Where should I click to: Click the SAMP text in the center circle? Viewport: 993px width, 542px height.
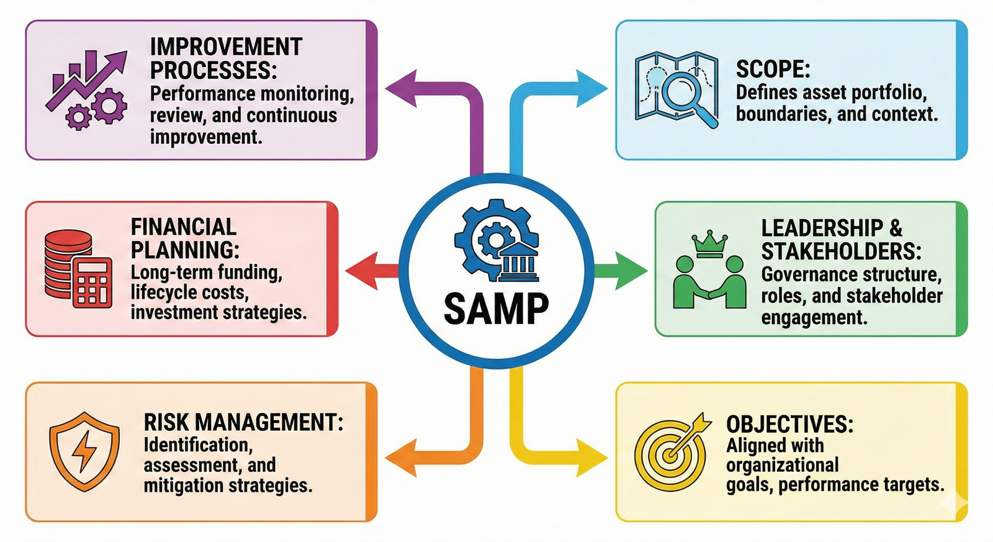(x=496, y=309)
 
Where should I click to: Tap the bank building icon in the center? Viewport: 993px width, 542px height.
(x=519, y=261)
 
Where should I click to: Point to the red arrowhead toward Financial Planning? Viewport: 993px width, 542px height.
(x=362, y=271)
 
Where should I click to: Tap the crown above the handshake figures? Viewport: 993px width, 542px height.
(x=709, y=244)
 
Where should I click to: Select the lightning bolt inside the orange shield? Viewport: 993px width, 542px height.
(x=84, y=452)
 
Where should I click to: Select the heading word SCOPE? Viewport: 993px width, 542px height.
(x=773, y=69)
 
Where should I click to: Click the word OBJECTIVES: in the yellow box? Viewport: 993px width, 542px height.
(x=789, y=425)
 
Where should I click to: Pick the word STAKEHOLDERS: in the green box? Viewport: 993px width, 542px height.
(x=841, y=251)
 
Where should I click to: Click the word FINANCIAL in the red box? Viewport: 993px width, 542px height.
(x=183, y=227)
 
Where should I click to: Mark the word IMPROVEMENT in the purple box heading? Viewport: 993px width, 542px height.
(x=226, y=47)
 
